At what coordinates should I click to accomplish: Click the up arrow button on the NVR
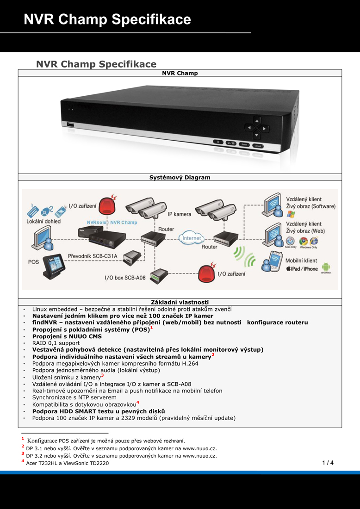257,121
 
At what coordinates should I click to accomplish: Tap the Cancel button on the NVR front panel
258,146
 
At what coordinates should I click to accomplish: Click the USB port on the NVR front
70,124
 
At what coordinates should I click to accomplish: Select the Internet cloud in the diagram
191,238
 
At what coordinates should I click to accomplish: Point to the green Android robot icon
326,268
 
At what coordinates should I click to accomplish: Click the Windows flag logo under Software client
291,214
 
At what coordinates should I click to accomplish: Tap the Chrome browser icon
304,241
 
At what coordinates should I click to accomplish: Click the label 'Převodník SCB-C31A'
93,256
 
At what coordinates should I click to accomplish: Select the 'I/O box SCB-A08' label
125,278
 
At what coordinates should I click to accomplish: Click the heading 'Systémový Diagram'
180,177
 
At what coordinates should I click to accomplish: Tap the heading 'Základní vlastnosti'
180,302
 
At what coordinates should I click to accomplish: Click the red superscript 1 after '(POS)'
152,328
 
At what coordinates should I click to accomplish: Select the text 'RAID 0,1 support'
56,343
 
